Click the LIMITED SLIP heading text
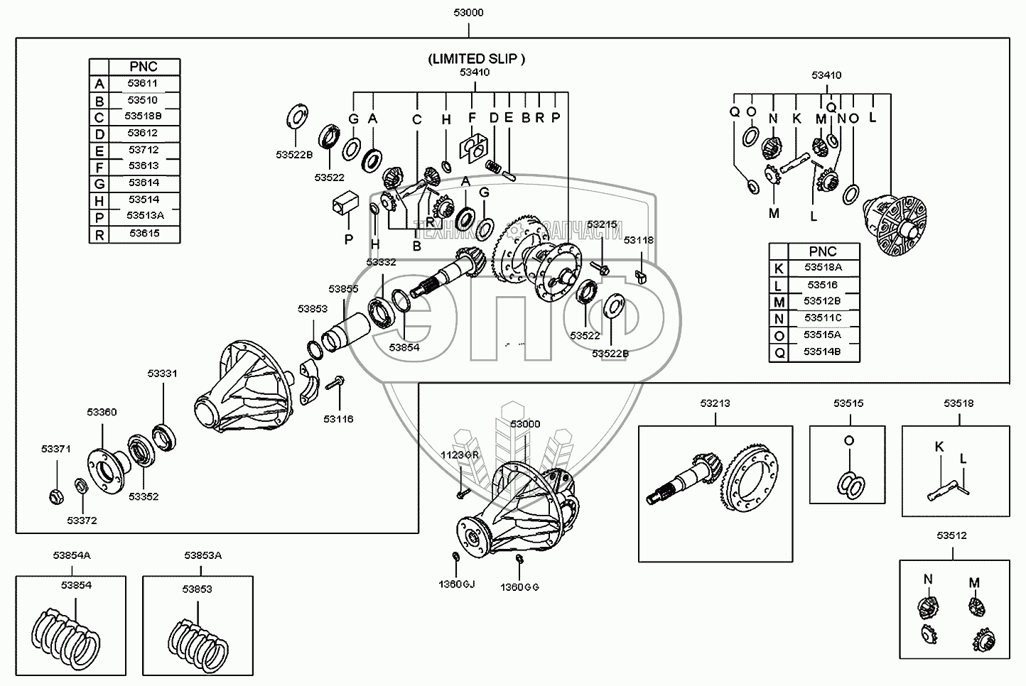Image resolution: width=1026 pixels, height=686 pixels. pyautogui.click(x=476, y=59)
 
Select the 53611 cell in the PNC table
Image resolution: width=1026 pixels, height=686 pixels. pyautogui.click(x=143, y=83)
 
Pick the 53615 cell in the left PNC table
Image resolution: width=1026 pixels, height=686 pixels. pyautogui.click(x=143, y=233)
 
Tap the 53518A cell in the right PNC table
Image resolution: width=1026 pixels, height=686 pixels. pyautogui.click(x=823, y=268)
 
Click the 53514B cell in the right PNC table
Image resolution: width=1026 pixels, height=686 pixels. pyautogui.click(x=823, y=352)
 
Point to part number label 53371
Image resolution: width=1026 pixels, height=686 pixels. pyautogui.click(x=56, y=449)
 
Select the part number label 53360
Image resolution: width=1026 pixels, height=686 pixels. pyautogui.click(x=102, y=412)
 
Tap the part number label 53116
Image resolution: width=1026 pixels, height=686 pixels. pyautogui.click(x=338, y=419)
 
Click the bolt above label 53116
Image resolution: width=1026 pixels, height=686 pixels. pyautogui.click(x=335, y=383)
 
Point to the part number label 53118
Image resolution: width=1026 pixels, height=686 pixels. pyautogui.click(x=639, y=241)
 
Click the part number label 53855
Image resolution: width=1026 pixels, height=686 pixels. pyautogui.click(x=343, y=289)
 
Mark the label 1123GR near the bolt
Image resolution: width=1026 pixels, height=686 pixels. pyautogui.click(x=460, y=454)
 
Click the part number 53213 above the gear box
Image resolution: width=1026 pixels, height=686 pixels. pyautogui.click(x=714, y=403)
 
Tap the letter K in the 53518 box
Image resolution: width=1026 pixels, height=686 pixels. pyautogui.click(x=939, y=446)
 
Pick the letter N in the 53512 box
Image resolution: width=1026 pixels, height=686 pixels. pyautogui.click(x=927, y=579)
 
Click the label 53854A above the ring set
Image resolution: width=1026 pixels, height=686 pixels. pyautogui.click(x=71, y=555)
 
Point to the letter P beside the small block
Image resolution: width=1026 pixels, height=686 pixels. pyautogui.click(x=348, y=240)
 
